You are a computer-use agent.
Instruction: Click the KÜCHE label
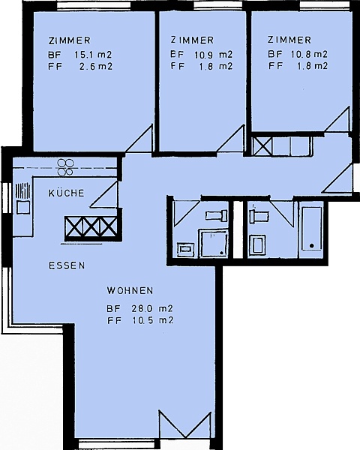click(x=66, y=193)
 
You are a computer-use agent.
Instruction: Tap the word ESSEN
click(x=67, y=265)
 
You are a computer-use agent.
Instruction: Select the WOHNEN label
click(x=130, y=290)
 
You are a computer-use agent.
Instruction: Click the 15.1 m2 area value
click(x=93, y=54)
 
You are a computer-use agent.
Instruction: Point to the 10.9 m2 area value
click(x=213, y=54)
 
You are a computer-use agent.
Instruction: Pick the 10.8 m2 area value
click(x=309, y=54)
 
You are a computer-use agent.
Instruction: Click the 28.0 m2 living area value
click(x=152, y=308)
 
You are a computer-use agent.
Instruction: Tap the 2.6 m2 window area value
click(x=95, y=66)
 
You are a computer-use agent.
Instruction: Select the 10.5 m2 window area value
click(x=153, y=320)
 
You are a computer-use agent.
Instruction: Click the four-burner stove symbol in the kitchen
click(x=65, y=167)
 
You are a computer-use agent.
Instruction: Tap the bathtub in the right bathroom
click(x=311, y=228)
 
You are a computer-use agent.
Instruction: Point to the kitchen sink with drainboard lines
click(x=23, y=198)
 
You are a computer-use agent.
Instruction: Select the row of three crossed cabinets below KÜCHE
click(x=91, y=227)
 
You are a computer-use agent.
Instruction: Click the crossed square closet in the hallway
click(x=262, y=146)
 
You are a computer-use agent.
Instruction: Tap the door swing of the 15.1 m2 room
click(x=139, y=139)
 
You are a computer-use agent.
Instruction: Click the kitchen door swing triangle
click(x=104, y=193)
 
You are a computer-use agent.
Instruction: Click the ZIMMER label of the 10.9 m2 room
click(x=192, y=40)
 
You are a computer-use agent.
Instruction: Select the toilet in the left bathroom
click(x=217, y=215)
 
